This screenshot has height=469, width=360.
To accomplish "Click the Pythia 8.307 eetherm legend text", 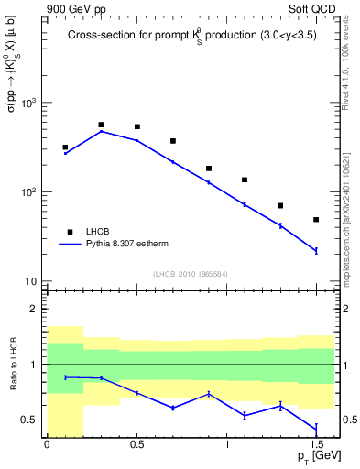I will coord(124,245).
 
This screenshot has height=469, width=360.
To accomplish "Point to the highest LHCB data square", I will coord(101,125).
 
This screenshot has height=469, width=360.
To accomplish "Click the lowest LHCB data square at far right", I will coord(316,220).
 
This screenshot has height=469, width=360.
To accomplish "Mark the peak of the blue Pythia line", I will coord(101,131).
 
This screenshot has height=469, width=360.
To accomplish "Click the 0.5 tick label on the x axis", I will coord(136,445).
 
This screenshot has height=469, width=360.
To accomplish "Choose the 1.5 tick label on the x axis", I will coord(316,445).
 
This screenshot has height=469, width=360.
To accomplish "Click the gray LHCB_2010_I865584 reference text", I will coord(191,274).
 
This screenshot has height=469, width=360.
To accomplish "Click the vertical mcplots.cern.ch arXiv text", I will coord(349,211).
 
